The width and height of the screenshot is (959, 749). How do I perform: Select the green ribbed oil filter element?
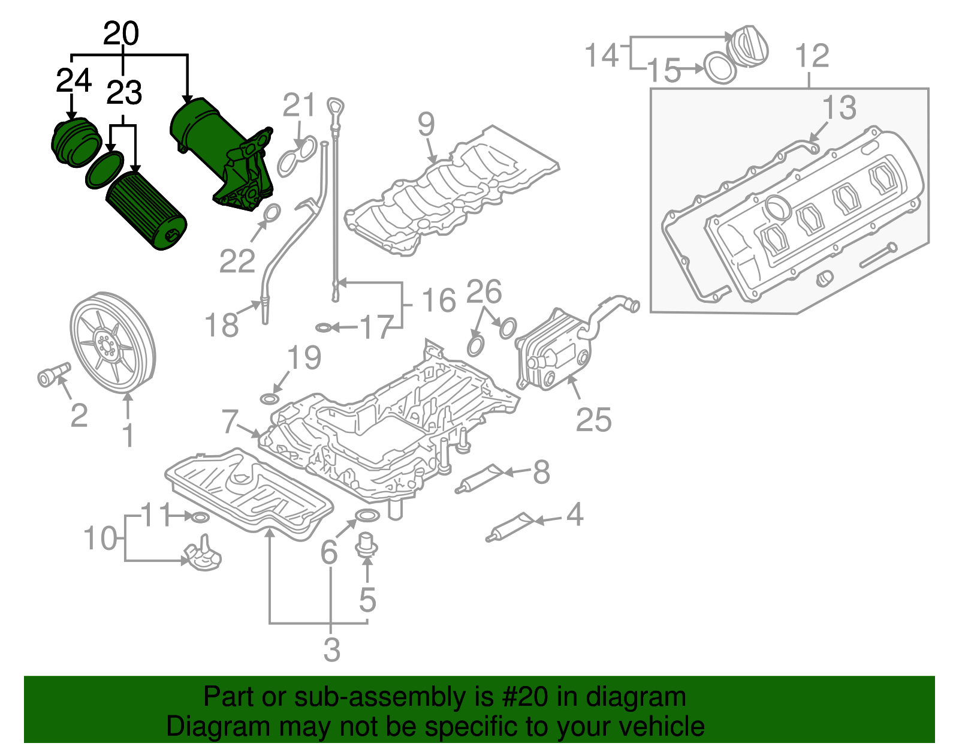pos(146,210)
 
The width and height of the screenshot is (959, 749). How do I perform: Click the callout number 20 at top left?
pos(121,34)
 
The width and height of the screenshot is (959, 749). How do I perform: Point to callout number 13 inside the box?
pos(839,109)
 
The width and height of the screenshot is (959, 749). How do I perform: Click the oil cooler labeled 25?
pos(554,351)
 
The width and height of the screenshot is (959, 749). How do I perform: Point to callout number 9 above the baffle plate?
pos(426,124)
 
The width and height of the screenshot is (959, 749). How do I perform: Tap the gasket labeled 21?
pos(297,155)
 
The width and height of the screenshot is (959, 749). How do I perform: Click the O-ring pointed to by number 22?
pos(272,212)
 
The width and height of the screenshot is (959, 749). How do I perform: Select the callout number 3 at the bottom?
pos(331,650)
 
